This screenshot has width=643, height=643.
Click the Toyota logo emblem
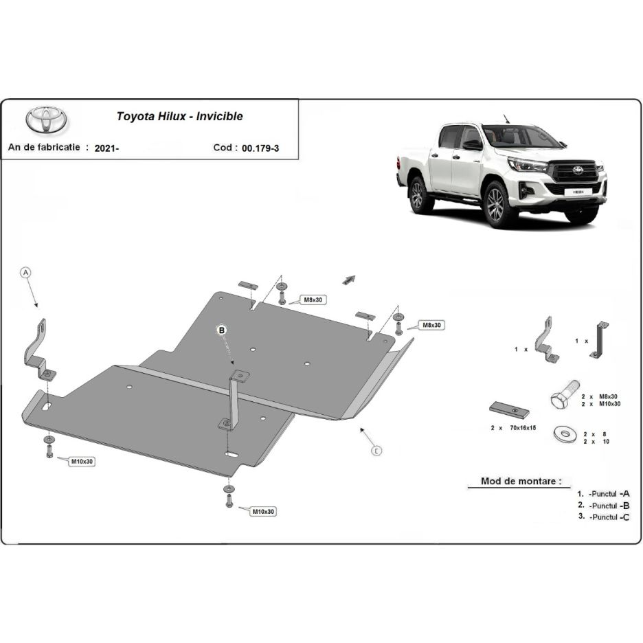tap(46, 120)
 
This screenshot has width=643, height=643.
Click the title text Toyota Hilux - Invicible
tap(179, 117)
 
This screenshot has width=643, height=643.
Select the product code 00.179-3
tap(260, 148)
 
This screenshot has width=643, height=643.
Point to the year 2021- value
tap(106, 148)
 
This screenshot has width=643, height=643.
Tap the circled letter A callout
tap(26, 273)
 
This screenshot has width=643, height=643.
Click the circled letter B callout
tap(222, 330)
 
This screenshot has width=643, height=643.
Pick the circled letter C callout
tap(376, 451)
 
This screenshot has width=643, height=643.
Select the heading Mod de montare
tap(521, 481)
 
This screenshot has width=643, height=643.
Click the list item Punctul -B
tap(609, 506)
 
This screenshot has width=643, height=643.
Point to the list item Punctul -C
tap(609, 517)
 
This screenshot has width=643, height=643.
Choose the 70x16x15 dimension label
tap(523, 428)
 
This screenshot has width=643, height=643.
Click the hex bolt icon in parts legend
tap(565, 394)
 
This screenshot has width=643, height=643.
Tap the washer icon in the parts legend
tap(565, 435)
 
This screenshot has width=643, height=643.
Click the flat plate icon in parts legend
tap(509, 410)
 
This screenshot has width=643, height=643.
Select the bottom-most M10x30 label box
tap(263, 512)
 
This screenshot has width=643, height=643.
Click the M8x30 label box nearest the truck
tap(431, 325)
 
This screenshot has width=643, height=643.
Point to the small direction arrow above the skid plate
tap(349, 280)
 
